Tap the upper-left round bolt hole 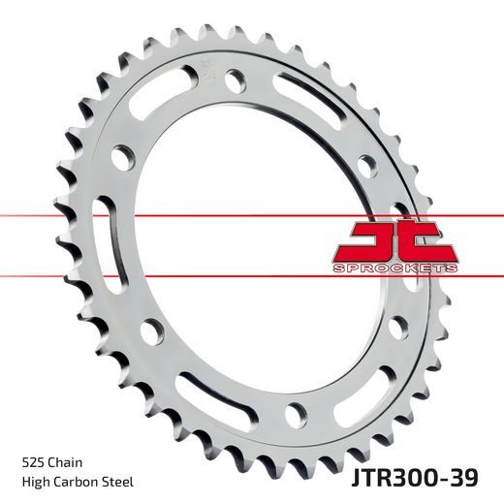click(x=123, y=155)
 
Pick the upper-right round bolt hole click(x=366, y=163)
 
